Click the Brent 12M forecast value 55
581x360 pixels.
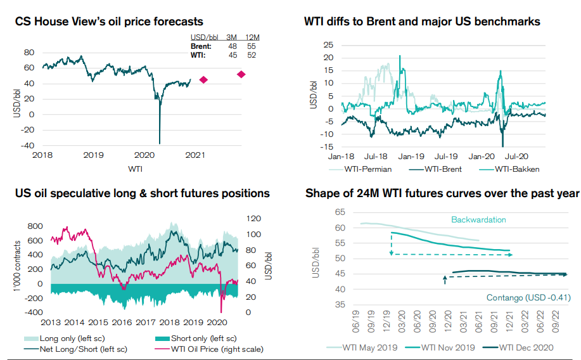pos(252,47)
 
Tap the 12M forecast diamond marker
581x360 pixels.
pos(241,74)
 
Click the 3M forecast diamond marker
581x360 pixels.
pos(203,79)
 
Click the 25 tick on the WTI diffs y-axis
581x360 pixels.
pos(328,44)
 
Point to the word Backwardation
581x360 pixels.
pos(478,220)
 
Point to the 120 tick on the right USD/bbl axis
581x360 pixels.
pos(253,219)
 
